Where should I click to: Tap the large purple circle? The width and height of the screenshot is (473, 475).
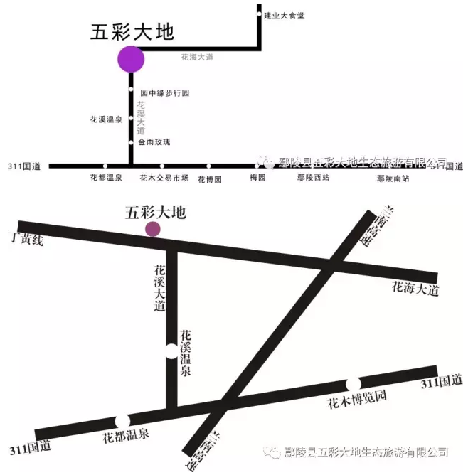coord(131,58)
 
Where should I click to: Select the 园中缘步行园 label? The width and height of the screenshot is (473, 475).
coord(165,93)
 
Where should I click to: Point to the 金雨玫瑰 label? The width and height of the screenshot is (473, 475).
coord(154,142)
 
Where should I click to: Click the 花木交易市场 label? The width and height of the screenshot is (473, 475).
coord(164,178)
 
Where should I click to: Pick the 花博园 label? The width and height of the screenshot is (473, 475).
coord(210,179)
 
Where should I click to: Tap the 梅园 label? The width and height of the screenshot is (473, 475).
coord(257,178)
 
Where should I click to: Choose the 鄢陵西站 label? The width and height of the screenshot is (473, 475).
coord(313,178)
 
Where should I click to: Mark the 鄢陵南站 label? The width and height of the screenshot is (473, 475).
coord(393,178)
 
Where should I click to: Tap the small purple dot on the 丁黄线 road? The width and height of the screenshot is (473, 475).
coord(152,228)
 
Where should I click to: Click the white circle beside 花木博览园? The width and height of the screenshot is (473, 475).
coord(354,384)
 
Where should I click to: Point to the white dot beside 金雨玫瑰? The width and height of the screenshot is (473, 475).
coord(132,143)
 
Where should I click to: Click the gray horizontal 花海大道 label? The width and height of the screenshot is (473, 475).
coord(197,57)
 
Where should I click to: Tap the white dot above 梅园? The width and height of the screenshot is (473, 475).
coord(257,166)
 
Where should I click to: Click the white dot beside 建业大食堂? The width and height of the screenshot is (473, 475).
coord(257,14)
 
